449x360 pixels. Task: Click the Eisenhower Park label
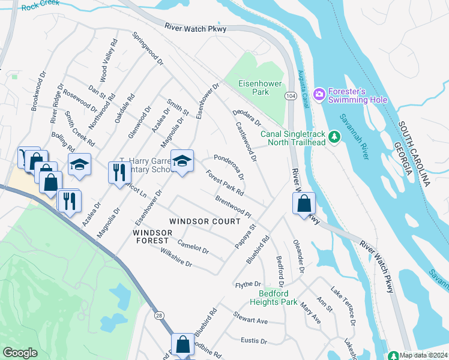coord(252,88)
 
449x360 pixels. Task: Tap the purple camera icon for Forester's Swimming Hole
coord(319,94)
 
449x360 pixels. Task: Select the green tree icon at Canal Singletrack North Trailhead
coord(335,137)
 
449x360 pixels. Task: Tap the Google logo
coord(20,353)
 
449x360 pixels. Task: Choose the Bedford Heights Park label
coord(277,298)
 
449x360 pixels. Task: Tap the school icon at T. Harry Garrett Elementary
coord(182,161)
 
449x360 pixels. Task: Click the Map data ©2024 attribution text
coord(423,355)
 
